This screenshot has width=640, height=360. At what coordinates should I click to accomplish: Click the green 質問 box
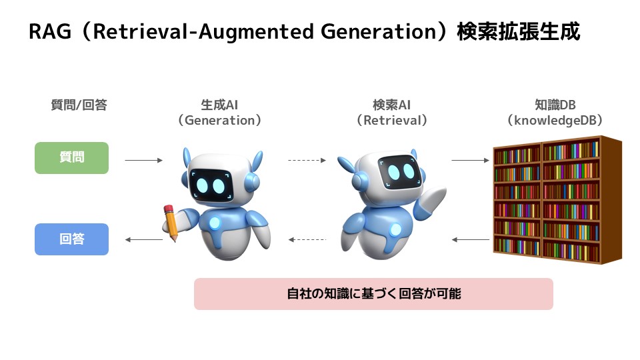71,158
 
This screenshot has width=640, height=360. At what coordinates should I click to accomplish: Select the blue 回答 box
71,239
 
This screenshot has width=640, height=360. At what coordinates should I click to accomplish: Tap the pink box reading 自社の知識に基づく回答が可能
373,294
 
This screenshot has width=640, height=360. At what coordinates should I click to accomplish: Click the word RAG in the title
50,31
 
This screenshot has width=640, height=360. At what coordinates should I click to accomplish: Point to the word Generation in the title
379,32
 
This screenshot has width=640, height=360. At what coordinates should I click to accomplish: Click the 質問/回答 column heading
79,105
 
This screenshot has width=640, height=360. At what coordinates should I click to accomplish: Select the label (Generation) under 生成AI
219,121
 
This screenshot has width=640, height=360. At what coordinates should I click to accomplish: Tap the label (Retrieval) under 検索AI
392,121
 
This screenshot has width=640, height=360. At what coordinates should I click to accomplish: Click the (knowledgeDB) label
555,121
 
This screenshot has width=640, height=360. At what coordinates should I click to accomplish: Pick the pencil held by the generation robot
171,223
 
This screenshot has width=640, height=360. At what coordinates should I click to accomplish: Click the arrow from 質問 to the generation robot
144,161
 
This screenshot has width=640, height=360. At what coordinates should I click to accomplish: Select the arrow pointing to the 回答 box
144,239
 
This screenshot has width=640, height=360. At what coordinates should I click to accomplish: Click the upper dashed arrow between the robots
307,161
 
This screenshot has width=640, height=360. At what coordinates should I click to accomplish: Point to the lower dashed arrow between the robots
307,239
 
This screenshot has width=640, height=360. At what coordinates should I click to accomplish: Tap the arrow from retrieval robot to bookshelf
470,161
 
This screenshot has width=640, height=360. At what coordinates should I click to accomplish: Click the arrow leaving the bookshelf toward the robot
470,239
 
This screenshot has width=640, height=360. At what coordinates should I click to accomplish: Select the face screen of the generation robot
211,185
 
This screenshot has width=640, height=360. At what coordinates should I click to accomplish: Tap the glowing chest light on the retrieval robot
395,229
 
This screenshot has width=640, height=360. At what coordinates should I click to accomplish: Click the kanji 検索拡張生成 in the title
519,32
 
